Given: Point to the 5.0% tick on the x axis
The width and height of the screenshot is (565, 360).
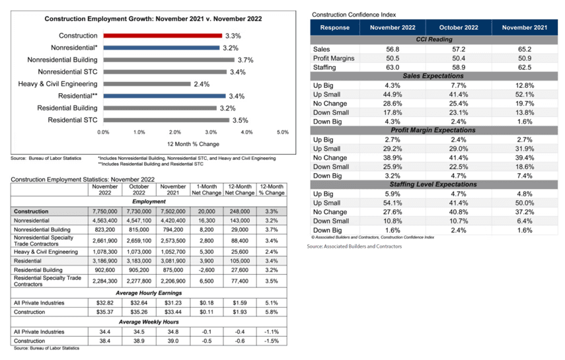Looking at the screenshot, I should [x=282, y=132].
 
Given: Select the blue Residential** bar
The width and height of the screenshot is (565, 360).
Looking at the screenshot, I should [x=164, y=96].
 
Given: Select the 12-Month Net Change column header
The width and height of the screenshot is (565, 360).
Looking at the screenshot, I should [x=239, y=190].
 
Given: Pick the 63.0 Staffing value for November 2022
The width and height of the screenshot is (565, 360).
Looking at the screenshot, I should [x=393, y=67].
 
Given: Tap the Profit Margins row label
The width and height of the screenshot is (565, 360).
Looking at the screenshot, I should [x=334, y=58].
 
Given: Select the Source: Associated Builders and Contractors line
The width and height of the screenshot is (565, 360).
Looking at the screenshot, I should [x=354, y=246].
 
